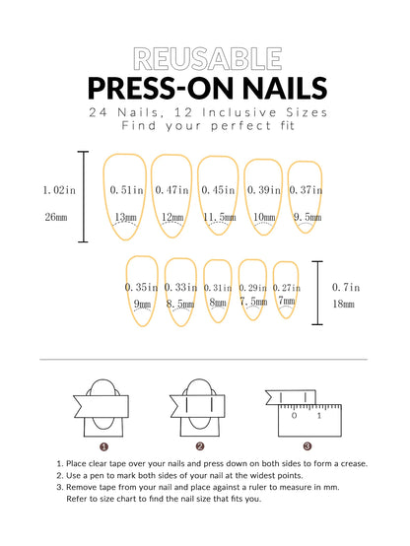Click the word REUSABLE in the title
(205, 58)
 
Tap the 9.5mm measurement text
(307, 217)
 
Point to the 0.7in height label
(345, 287)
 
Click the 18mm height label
(345, 306)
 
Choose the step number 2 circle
(201, 445)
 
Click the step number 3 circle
(307, 445)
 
